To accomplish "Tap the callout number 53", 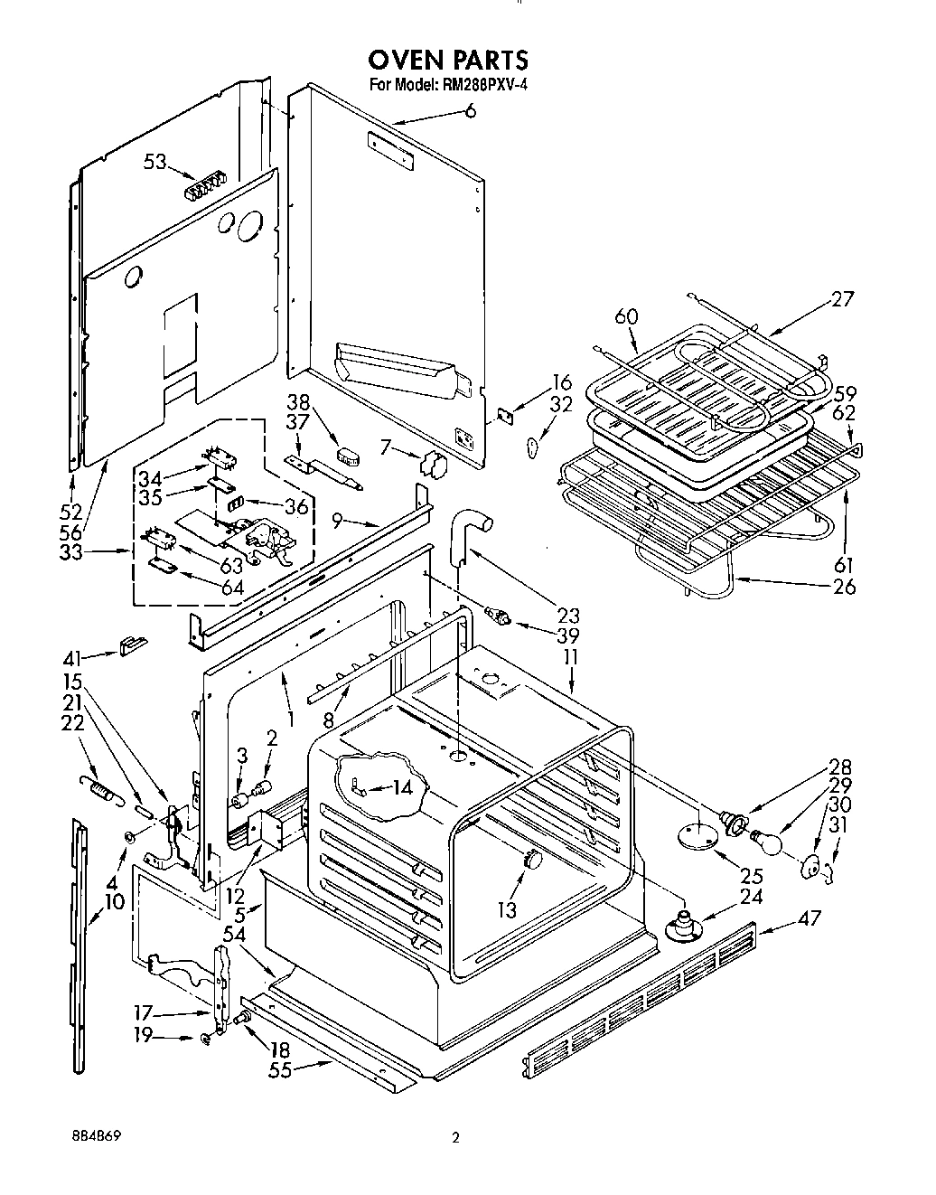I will (x=155, y=163).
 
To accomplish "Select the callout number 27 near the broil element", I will (x=841, y=299).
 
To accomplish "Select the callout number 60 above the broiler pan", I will (x=626, y=317).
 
